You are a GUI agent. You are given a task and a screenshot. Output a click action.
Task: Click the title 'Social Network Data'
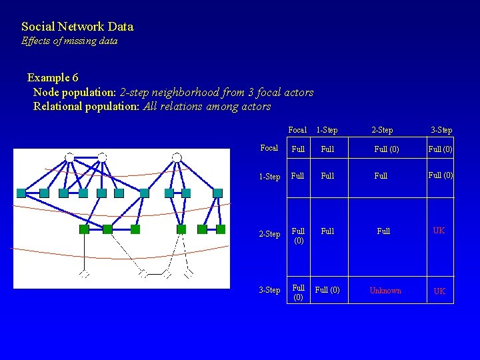(77, 27)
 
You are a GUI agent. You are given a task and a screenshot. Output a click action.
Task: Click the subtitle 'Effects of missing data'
(69, 41)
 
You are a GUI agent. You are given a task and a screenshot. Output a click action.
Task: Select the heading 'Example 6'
(53, 77)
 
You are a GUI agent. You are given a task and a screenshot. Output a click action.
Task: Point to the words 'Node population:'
(75, 92)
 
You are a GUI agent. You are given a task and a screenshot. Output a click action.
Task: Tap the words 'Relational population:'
(87, 106)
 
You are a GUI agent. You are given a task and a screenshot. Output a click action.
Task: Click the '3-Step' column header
(441, 130)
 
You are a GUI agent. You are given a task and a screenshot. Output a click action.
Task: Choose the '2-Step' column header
(382, 130)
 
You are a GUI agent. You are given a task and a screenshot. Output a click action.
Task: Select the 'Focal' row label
(269, 149)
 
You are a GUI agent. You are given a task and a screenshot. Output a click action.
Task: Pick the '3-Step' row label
(269, 290)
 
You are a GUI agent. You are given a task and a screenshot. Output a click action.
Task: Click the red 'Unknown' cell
(385, 291)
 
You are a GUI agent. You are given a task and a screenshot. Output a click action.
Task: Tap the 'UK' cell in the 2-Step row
(439, 231)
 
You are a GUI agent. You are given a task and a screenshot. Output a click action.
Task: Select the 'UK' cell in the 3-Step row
(439, 291)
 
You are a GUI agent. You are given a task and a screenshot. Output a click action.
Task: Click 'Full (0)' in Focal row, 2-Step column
(387, 149)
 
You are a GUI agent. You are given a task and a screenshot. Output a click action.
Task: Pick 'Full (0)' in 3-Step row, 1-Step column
(327, 290)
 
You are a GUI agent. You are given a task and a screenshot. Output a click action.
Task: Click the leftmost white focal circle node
(69, 157)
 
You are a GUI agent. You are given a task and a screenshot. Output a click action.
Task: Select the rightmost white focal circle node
(177, 157)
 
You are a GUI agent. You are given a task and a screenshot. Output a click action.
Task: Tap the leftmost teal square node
(21, 193)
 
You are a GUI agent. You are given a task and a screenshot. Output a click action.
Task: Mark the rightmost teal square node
(217, 193)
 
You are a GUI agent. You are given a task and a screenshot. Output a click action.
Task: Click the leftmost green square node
(83, 229)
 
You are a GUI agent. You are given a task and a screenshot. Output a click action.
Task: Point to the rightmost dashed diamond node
(189, 273)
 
